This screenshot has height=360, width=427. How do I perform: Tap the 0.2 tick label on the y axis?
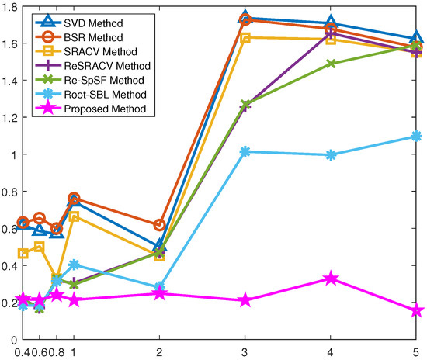(9, 303)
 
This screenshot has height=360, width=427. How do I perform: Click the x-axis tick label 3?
(245, 351)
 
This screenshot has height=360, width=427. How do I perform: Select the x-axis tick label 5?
(417, 351)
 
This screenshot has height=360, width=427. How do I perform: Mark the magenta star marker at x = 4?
(331, 279)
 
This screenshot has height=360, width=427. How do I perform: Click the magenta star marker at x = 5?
(417, 310)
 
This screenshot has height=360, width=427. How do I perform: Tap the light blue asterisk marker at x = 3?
(245, 152)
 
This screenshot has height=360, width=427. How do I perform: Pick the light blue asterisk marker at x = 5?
(417, 137)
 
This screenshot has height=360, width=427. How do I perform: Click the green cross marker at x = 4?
(331, 64)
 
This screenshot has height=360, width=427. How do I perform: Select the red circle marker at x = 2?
(159, 225)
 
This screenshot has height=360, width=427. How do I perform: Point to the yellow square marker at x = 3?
(245, 38)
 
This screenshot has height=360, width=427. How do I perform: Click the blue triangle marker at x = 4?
(331, 23)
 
